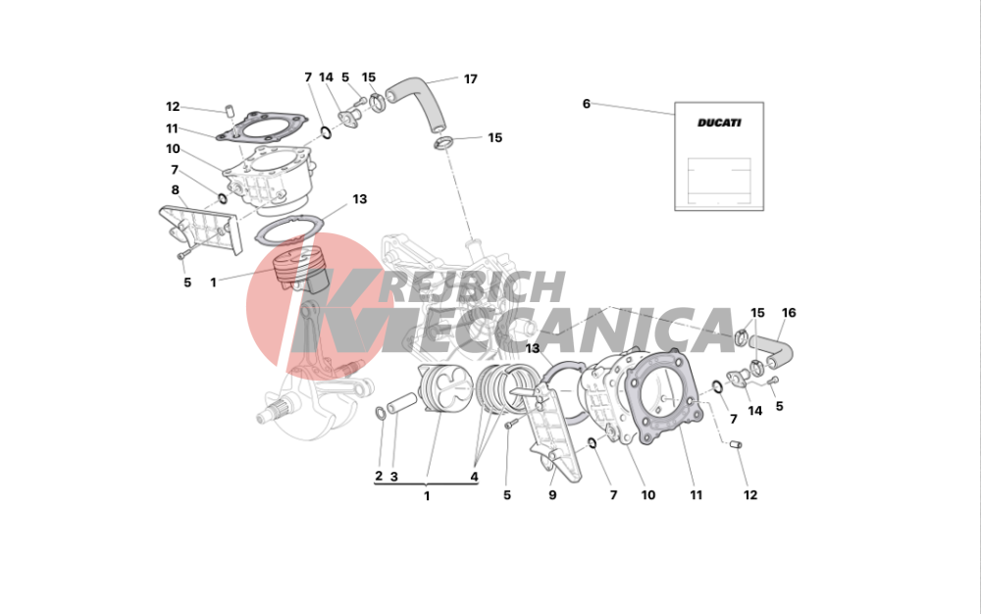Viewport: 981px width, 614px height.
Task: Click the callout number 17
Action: click(471, 79)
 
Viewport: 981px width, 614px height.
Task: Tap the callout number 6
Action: click(587, 104)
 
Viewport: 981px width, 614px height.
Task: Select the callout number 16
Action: click(789, 313)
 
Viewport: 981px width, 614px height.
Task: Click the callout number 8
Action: click(176, 190)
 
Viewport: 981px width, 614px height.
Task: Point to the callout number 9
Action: click(552, 495)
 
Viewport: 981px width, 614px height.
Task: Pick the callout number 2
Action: click(379, 476)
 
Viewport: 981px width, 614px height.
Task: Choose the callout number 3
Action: click(394, 477)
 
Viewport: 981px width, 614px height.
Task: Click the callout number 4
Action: click(474, 477)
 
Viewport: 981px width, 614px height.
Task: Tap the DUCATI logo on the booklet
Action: click(719, 123)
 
